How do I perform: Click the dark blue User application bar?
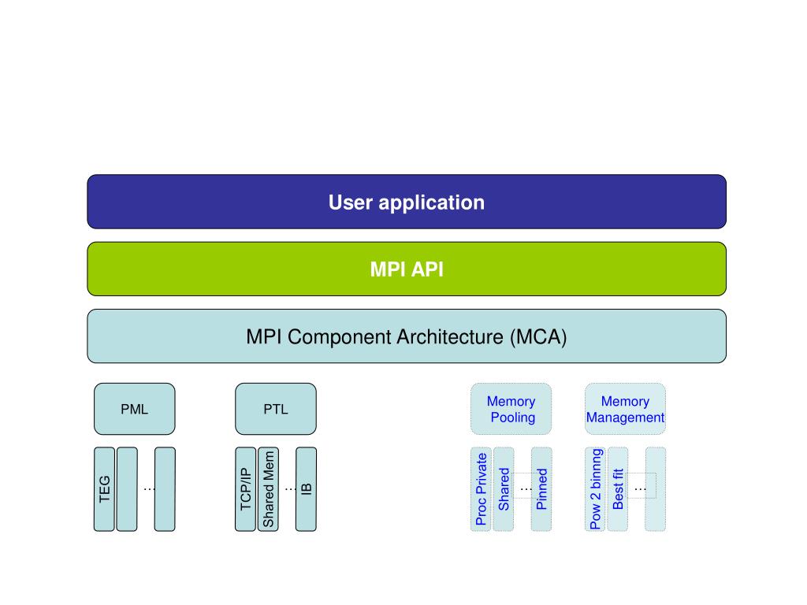407,202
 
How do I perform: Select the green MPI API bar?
407,269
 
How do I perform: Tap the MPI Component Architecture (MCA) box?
407,336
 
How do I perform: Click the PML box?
134,409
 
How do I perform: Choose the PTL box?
276,409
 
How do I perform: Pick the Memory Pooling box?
511,409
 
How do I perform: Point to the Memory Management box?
625,409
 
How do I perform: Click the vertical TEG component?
105,489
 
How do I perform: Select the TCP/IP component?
246,489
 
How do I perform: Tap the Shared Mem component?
268,489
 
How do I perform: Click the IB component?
307,489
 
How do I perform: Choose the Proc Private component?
482,489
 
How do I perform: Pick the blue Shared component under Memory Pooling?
504,489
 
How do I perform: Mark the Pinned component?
541,489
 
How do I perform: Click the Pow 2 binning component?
596,489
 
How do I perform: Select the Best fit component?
618,489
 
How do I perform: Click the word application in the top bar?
431,203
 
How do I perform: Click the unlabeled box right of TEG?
127,489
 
